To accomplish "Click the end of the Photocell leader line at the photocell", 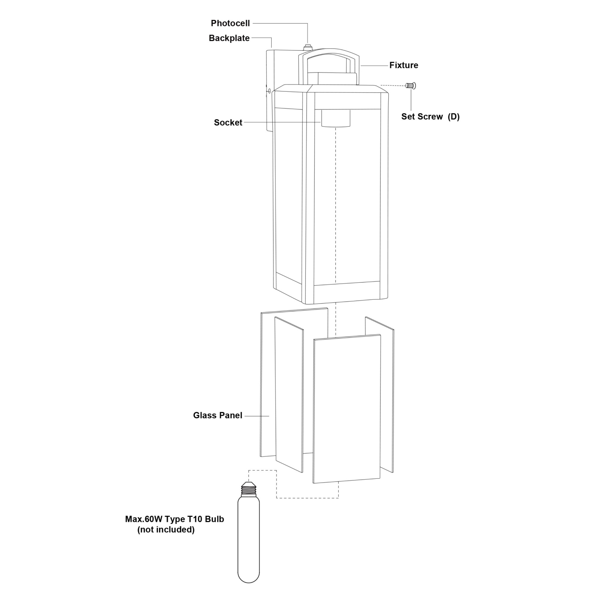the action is (308, 43).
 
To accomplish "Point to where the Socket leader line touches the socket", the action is (321, 122).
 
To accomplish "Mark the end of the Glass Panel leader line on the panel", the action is (269, 416).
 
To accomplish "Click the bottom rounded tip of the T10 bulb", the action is (249, 583).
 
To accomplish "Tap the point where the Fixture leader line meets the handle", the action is (361, 65).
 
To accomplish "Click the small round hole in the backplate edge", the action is (269, 91).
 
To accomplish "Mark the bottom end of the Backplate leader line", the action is (272, 47).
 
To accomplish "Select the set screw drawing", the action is (411, 86).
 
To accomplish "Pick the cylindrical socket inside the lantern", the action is (336, 118).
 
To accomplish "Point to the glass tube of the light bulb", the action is (249, 540).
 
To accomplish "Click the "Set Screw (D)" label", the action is (431, 117).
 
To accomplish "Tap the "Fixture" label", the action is (404, 65).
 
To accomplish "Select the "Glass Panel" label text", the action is (218, 415).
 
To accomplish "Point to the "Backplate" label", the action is (229, 38).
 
